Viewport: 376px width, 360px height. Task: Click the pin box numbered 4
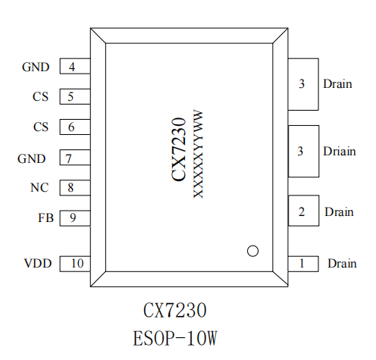(x=75, y=66)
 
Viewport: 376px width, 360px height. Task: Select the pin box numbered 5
(x=75, y=96)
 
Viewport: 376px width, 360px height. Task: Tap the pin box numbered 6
(x=75, y=127)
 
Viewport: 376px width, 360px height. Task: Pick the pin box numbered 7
(x=75, y=158)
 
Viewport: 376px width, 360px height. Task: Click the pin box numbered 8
(x=75, y=188)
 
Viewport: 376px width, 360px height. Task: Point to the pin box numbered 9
(x=75, y=218)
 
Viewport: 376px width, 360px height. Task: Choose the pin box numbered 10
(x=75, y=264)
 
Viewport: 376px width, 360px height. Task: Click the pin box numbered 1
(x=303, y=264)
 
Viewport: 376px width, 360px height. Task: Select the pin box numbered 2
(x=303, y=211)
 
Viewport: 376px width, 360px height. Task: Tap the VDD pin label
(x=38, y=263)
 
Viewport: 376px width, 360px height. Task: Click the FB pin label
(x=45, y=218)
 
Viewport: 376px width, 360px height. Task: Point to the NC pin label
(x=39, y=187)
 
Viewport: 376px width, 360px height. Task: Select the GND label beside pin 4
(x=36, y=67)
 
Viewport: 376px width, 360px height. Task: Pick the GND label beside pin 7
(x=32, y=158)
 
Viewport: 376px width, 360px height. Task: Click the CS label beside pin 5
(x=40, y=96)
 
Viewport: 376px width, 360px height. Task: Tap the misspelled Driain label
(x=340, y=152)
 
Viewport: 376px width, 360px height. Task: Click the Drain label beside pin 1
(x=342, y=263)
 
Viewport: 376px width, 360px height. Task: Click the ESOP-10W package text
(x=175, y=339)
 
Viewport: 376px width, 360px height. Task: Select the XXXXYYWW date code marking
(x=198, y=154)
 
